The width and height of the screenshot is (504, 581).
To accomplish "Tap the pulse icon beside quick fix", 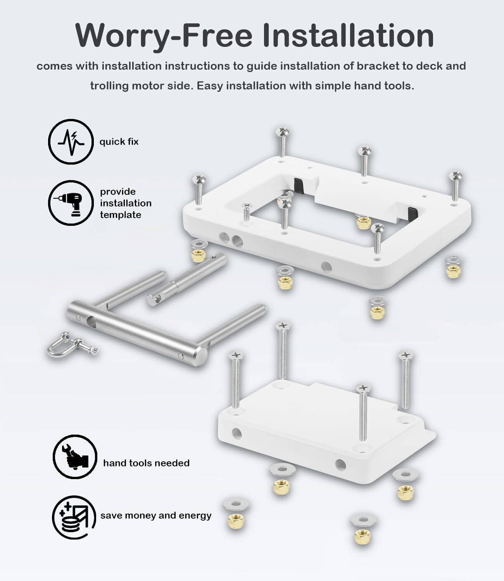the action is (x=71, y=142).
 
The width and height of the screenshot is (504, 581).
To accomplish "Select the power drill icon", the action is (x=71, y=203).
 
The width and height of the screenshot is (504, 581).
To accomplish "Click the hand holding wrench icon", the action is (x=75, y=457).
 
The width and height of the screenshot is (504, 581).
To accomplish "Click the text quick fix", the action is (x=119, y=142).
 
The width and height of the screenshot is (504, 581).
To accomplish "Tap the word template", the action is (x=121, y=215).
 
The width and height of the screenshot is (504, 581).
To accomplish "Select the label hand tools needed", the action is (x=146, y=463).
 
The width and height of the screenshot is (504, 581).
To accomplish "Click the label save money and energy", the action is (x=156, y=516).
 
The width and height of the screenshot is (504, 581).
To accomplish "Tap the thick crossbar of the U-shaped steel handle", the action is (x=137, y=333).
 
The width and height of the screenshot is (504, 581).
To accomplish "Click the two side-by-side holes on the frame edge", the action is (x=231, y=239).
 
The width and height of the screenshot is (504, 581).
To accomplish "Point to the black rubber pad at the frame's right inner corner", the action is (x=413, y=214).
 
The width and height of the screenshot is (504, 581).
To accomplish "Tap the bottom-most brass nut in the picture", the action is (x=362, y=536).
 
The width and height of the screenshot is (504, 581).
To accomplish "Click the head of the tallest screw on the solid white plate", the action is (x=283, y=326).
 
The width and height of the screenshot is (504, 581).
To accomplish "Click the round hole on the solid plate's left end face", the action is (x=237, y=434).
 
